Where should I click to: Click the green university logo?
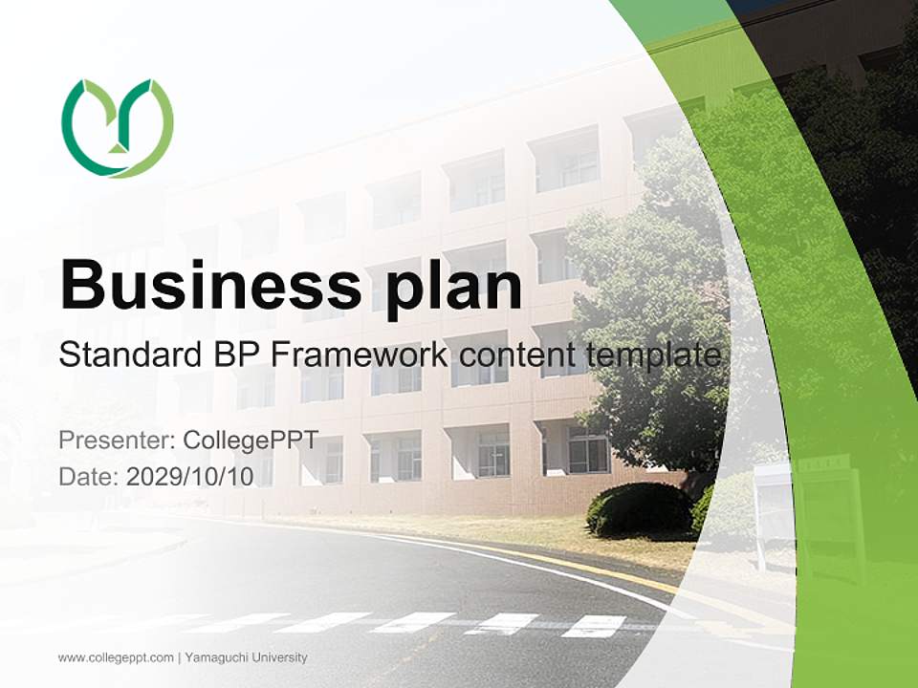pyautogui.click(x=118, y=128)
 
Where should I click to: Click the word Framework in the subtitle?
pyautogui.click(x=359, y=355)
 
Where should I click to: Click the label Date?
pyautogui.click(x=89, y=476)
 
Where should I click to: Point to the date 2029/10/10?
pyautogui.click(x=190, y=476)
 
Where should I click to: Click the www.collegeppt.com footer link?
pyautogui.click(x=116, y=657)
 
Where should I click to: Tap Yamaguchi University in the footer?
pyautogui.click(x=246, y=657)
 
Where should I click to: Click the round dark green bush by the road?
pyautogui.click(x=639, y=509)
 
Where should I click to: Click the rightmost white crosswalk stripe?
pyautogui.click(x=594, y=626)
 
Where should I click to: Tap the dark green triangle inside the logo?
pyautogui.click(x=117, y=145)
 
